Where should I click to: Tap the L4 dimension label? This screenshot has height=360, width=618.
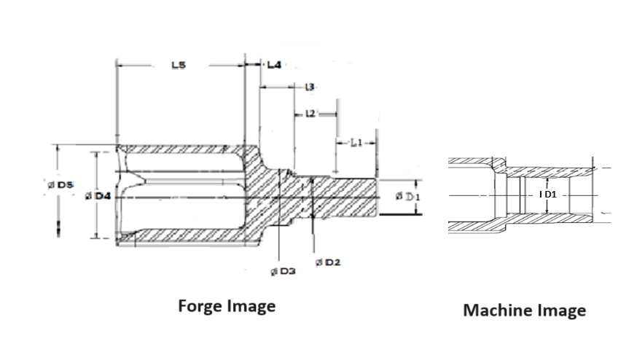(x=274, y=65)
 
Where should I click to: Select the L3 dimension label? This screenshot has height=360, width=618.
(x=309, y=87)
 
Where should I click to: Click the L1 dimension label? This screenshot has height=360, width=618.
(x=356, y=143)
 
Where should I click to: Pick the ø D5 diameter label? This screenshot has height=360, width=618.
(x=60, y=186)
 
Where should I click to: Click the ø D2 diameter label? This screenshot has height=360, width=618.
(x=329, y=262)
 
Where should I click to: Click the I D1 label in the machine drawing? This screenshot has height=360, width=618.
(x=547, y=195)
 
